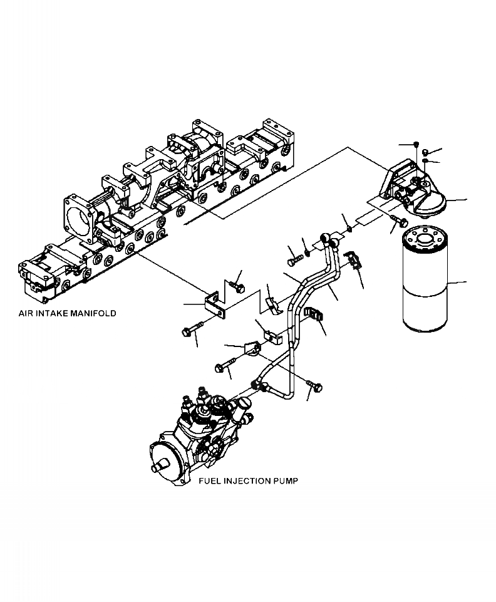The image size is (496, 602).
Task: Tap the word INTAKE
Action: (x=52, y=313)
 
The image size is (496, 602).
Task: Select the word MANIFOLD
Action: (x=93, y=313)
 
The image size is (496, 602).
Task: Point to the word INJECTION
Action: (x=246, y=481)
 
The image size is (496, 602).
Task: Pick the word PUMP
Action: (x=286, y=481)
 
